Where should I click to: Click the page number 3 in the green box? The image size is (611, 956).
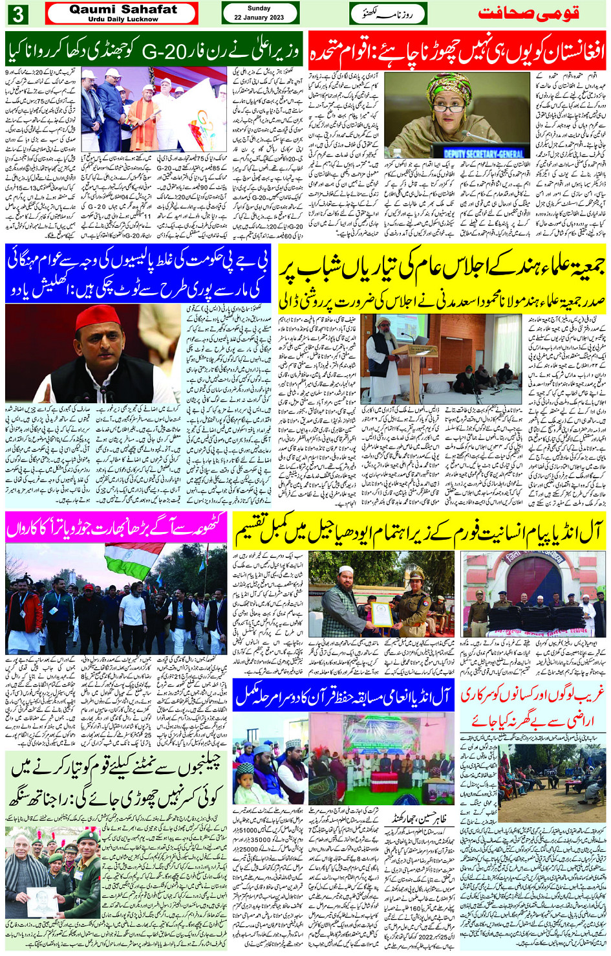[17, 14]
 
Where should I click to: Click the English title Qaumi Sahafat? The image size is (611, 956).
[123, 9]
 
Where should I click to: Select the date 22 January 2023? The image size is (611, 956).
[259, 17]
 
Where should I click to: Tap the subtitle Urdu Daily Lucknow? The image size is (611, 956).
[123, 19]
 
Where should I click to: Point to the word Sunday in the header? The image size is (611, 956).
[259, 8]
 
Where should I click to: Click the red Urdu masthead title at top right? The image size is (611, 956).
[528, 14]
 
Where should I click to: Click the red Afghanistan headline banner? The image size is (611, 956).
[457, 49]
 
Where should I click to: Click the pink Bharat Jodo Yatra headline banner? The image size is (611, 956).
[116, 528]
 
